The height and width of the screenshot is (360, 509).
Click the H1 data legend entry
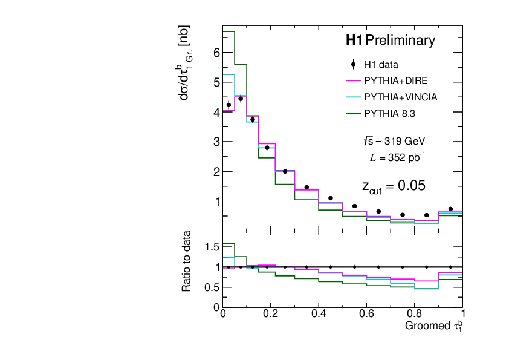point(380,64)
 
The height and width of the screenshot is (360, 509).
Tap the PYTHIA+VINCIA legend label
point(400,97)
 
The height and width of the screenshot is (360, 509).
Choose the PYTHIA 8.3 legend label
point(389,113)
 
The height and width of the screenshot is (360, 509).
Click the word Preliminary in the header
point(400,41)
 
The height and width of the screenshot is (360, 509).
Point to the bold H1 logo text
point(354,41)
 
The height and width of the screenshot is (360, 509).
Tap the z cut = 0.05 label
point(394,186)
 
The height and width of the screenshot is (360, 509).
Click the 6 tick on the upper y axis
point(216,53)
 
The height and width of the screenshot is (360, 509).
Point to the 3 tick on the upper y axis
point(216,142)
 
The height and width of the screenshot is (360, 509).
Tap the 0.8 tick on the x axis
point(415,314)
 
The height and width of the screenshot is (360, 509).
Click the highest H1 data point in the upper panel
point(241,99)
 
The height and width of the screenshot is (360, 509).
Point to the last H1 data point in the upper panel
point(450,209)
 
